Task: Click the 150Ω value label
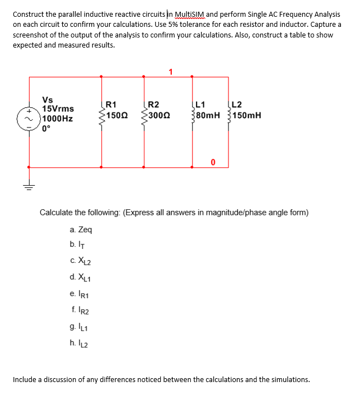(116, 116)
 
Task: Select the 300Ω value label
(159, 116)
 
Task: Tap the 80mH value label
(208, 116)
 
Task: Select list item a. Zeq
(81, 229)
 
